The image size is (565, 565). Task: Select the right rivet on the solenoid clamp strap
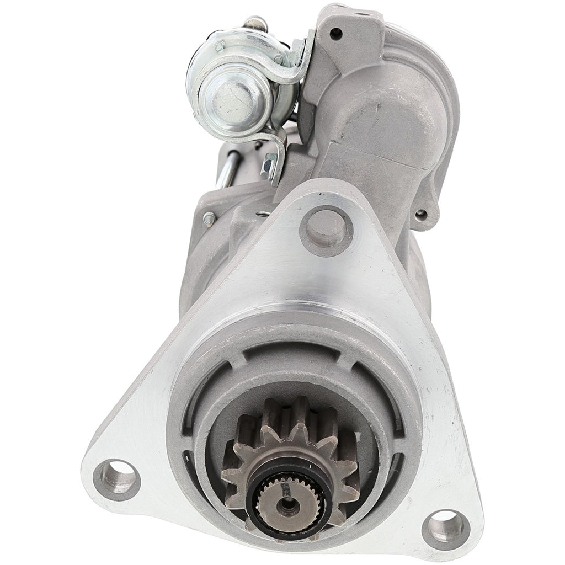279,60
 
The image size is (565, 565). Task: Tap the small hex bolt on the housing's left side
209,219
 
